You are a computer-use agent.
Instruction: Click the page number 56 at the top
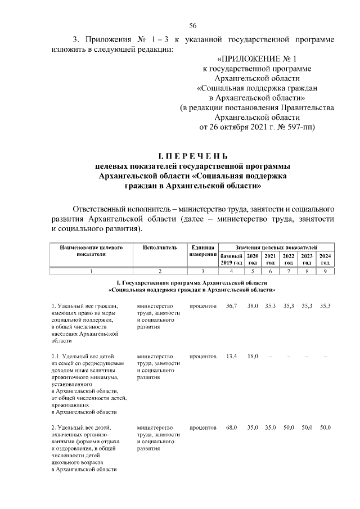pos(192,25)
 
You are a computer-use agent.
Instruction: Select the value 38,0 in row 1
pos(253,306)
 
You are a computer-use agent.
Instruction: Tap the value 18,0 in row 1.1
pos(253,357)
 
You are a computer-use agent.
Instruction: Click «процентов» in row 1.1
pos(203,357)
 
